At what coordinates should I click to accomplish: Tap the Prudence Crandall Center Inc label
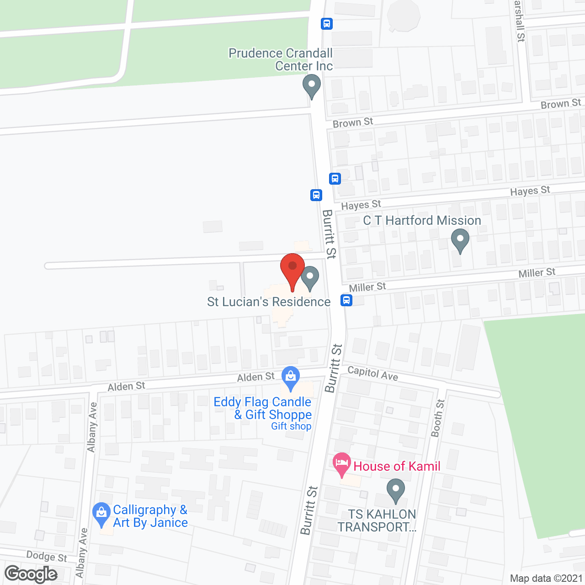click(x=281, y=59)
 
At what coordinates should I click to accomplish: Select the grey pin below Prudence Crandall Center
click(x=312, y=86)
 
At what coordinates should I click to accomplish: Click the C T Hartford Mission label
click(x=422, y=221)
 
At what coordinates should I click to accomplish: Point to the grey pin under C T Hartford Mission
click(x=460, y=240)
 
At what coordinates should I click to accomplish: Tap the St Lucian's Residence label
click(x=269, y=302)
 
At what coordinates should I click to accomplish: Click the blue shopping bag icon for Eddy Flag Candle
click(x=291, y=378)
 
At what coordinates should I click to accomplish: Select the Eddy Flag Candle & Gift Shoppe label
click(x=263, y=409)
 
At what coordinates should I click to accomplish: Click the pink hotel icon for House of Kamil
click(x=341, y=465)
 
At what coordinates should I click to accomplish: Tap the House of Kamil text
click(x=397, y=466)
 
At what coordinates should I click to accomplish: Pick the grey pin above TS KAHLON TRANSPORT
click(x=396, y=490)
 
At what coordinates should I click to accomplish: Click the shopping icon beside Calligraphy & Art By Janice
click(x=101, y=514)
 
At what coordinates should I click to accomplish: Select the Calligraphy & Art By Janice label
click(x=150, y=516)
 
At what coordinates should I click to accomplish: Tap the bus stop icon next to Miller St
click(x=346, y=300)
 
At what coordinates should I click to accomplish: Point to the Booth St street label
click(x=438, y=418)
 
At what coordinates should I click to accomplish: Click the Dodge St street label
click(x=47, y=556)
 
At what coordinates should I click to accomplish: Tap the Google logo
click(x=31, y=574)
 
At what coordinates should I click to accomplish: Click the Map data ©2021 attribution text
click(x=546, y=578)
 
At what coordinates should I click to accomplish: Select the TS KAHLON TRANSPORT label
click(x=377, y=521)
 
